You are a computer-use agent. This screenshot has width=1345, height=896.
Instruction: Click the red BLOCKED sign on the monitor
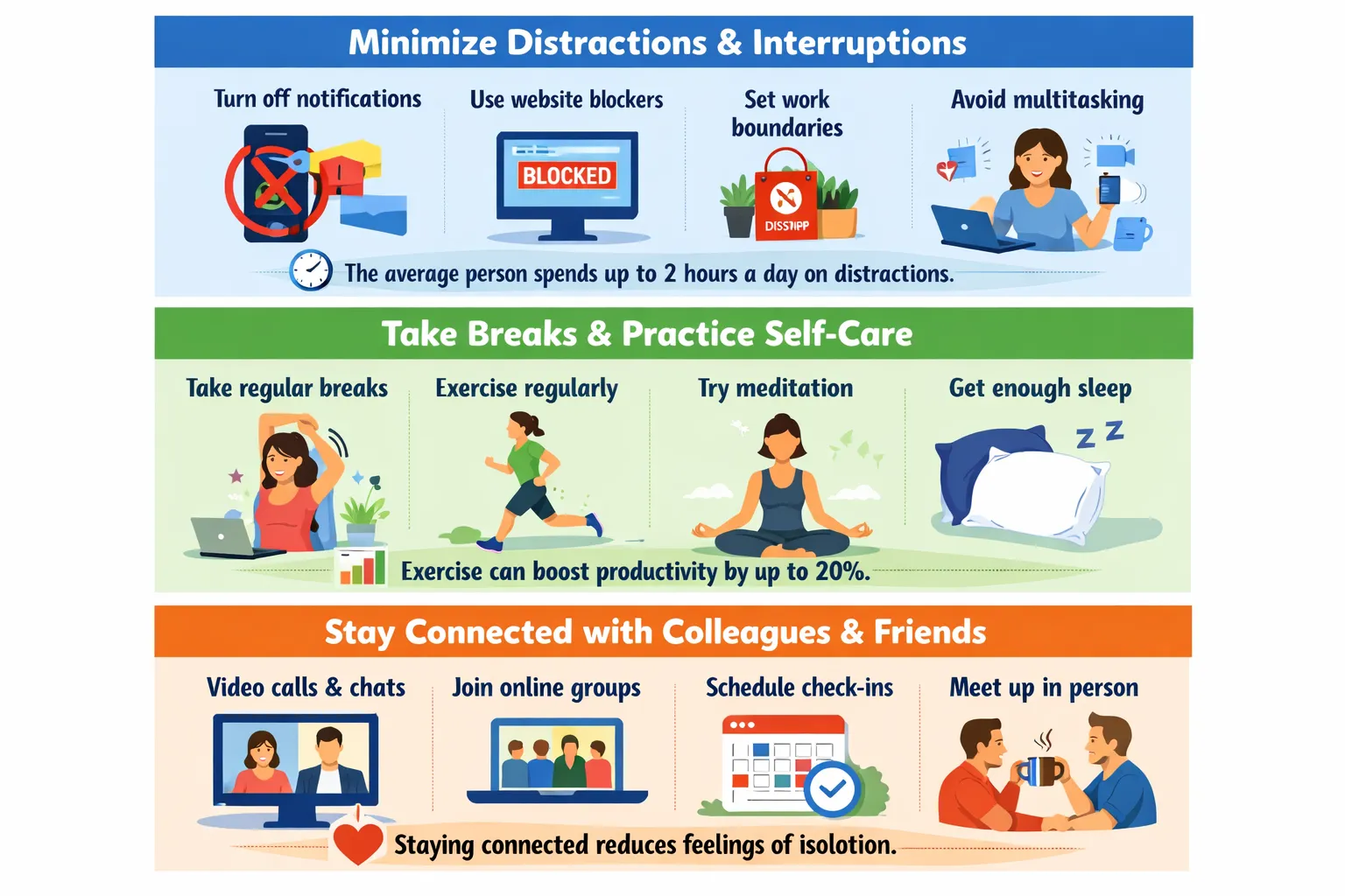click(567, 175)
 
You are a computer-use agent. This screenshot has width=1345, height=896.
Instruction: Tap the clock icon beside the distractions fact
click(311, 270)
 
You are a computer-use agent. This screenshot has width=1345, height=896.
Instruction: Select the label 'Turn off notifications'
click(318, 99)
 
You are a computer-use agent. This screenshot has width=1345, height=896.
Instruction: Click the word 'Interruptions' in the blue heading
click(859, 43)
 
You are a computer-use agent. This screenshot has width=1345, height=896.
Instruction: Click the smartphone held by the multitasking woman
click(1109, 189)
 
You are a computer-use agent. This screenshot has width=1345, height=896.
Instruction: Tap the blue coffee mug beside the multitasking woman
click(1132, 234)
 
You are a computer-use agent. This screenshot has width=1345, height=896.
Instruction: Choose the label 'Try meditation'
click(775, 388)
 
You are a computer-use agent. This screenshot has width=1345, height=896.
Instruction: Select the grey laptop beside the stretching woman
click(231, 538)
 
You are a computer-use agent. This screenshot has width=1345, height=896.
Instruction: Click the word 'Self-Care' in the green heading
click(839, 333)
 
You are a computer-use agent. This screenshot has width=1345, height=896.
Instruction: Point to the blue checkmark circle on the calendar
click(832, 789)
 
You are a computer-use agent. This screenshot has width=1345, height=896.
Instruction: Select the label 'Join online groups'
click(546, 688)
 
